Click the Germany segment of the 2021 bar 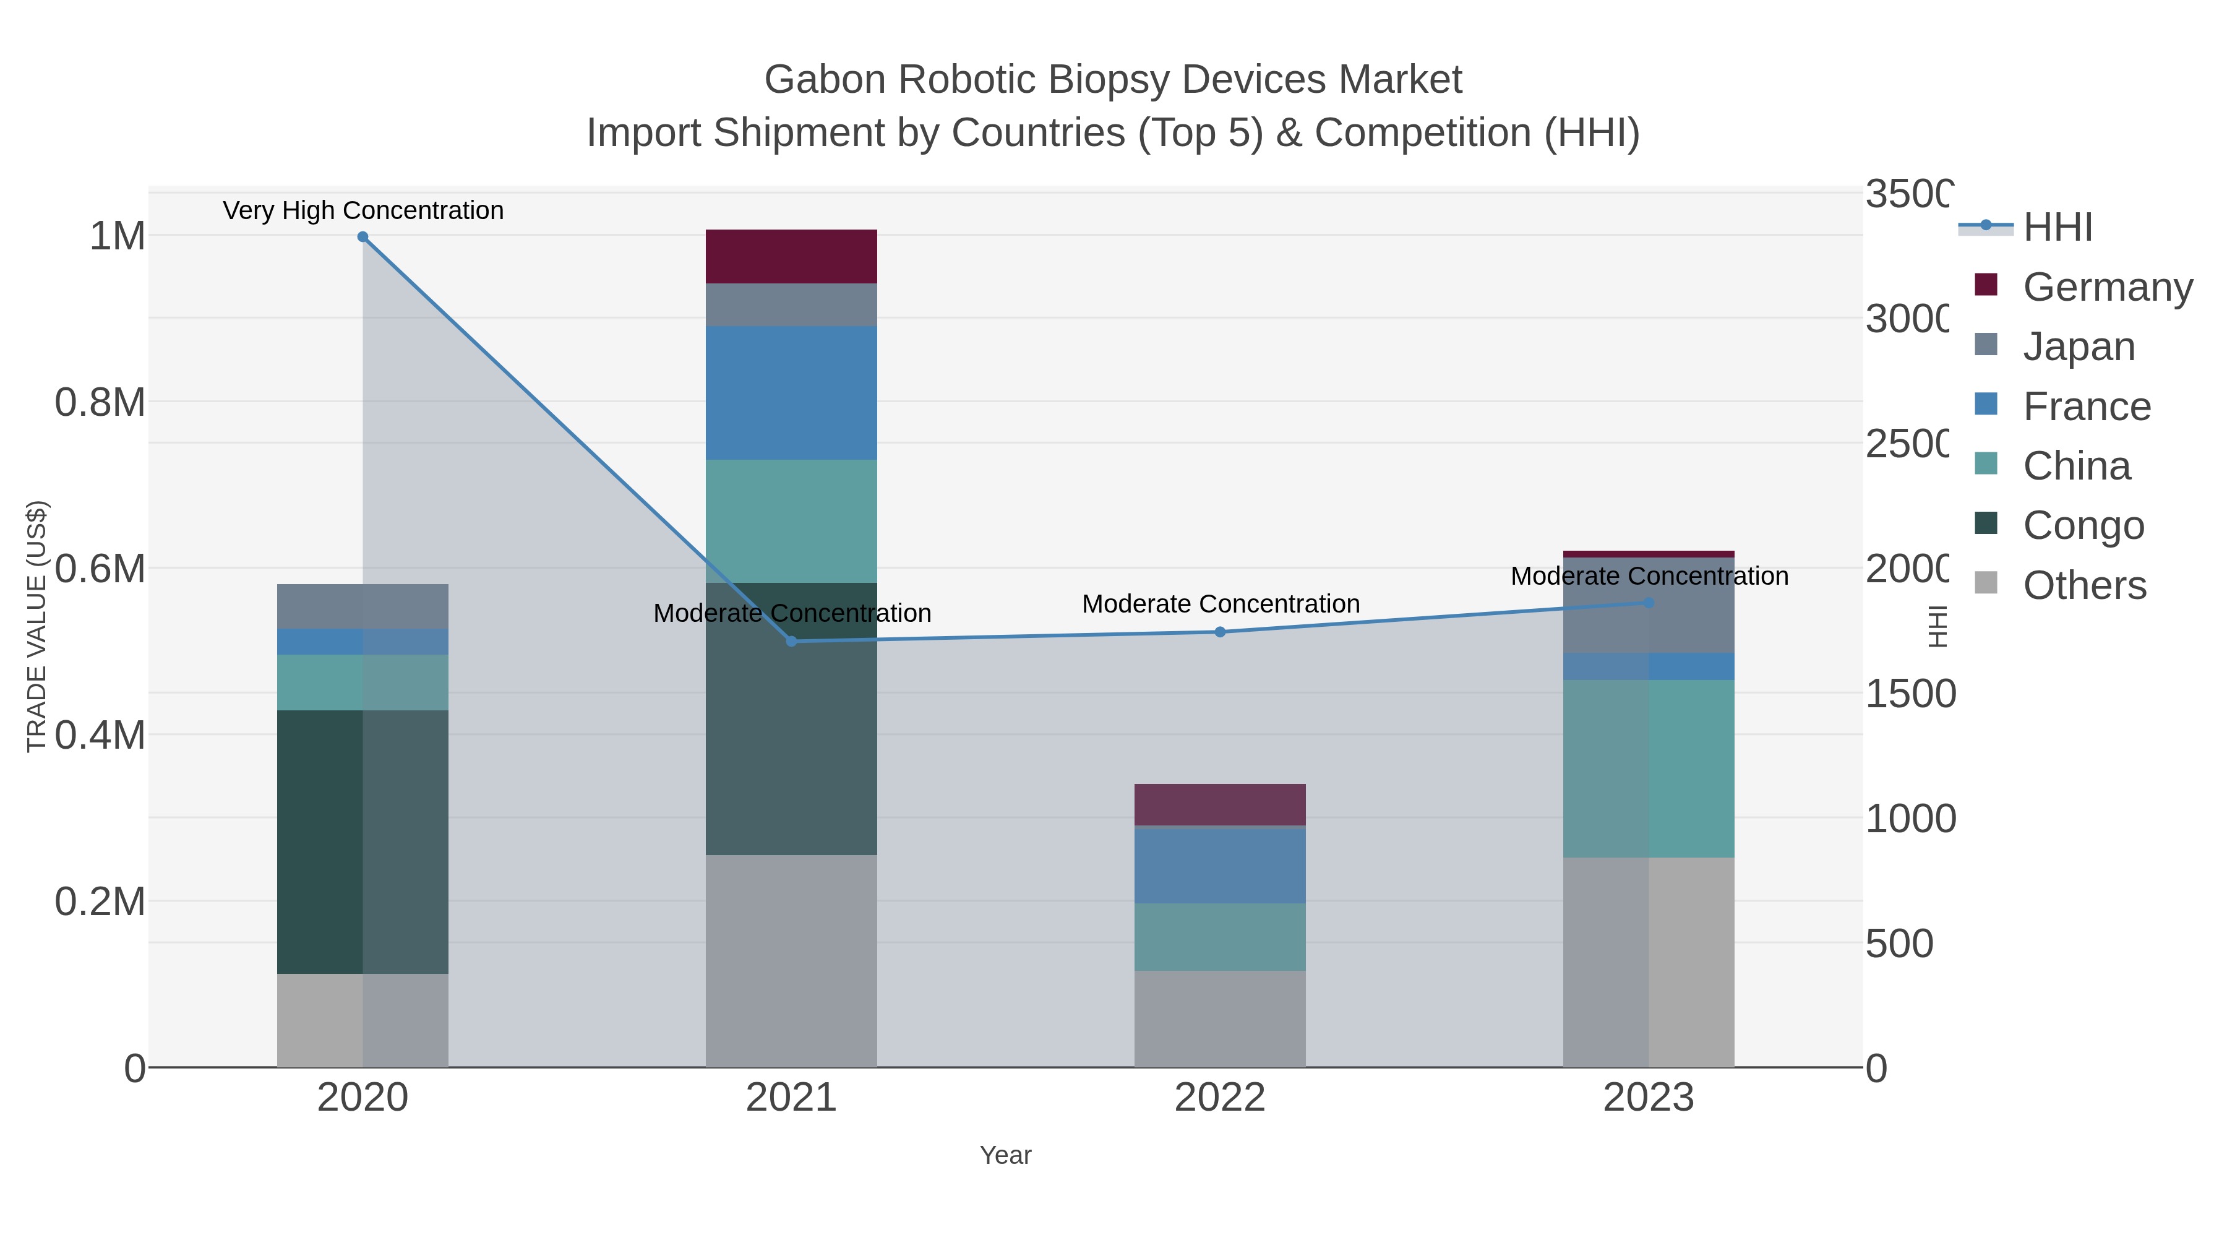click(791, 256)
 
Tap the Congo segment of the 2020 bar click(363, 842)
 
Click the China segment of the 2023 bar click(1648, 768)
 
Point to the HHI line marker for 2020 click(363, 237)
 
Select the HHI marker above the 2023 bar click(1648, 603)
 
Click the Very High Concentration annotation click(363, 210)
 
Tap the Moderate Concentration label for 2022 click(1220, 603)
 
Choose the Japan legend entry click(2079, 347)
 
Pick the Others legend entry click(2083, 585)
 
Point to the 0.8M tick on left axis click(100, 402)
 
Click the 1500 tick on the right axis click(1909, 694)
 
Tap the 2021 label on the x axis click(791, 1097)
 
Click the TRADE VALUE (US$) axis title click(36, 626)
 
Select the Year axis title click(1005, 1155)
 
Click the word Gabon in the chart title click(824, 80)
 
